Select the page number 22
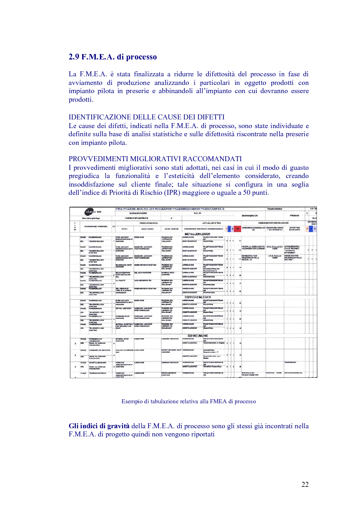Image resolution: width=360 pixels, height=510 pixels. click(x=305, y=484)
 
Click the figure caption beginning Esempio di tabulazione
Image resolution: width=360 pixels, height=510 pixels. click(x=188, y=401)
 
